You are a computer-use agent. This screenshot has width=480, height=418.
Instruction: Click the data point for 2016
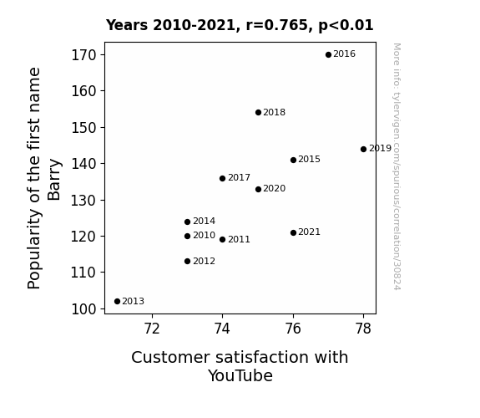[x=328, y=55]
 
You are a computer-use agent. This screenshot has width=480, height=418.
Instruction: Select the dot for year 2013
[x=117, y=302]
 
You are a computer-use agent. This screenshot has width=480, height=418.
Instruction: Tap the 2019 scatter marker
[x=363, y=150]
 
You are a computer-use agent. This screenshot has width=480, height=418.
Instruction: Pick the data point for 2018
[x=258, y=113]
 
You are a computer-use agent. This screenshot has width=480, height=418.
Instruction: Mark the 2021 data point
[x=293, y=232]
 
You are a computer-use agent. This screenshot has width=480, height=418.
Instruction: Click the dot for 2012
[x=187, y=262]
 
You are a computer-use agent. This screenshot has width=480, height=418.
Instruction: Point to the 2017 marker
[x=223, y=178]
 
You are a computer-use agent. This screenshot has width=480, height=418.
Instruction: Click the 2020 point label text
[x=275, y=188]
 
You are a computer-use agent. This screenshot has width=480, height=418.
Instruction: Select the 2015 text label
[x=309, y=159]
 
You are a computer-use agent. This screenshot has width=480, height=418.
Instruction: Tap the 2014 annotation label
[x=205, y=221]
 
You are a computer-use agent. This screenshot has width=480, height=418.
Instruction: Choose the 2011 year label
[x=239, y=239]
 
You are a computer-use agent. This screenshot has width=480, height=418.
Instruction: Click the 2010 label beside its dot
[x=205, y=235]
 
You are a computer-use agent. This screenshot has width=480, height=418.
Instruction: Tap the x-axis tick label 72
[x=152, y=329]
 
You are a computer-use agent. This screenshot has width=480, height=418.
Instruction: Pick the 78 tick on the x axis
[x=363, y=329]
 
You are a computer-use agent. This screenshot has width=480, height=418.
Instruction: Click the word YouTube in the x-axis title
[x=240, y=375]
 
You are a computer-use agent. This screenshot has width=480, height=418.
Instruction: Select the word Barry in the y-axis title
[x=54, y=180]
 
